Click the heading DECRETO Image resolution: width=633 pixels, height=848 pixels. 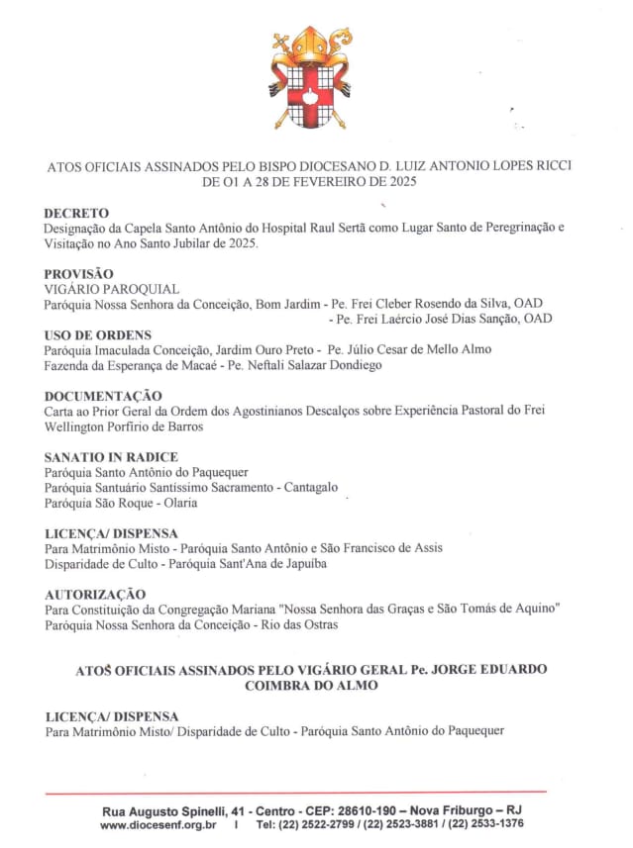pyautogui.click(x=76, y=213)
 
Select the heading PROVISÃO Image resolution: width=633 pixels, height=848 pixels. pyautogui.click(x=78, y=273)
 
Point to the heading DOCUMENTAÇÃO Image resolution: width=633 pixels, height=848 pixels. pyautogui.click(x=103, y=395)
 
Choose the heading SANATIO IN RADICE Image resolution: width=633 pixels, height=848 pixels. pyautogui.click(x=111, y=457)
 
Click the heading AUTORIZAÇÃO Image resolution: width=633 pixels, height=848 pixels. pyautogui.click(x=96, y=594)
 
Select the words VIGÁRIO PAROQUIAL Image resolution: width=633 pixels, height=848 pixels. pyautogui.click(x=112, y=289)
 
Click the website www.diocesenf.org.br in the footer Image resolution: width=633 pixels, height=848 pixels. pyautogui.click(x=158, y=823)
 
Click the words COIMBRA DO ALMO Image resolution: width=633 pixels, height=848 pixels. pyautogui.click(x=311, y=686)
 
